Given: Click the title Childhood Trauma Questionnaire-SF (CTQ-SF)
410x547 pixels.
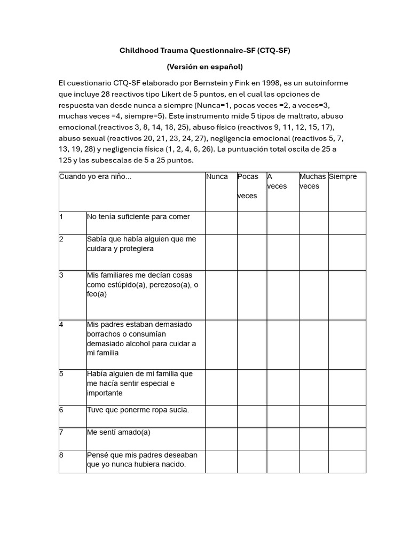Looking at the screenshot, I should coord(205,51).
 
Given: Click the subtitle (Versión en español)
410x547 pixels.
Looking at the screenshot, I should coord(205,67).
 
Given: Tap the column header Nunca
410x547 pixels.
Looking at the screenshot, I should coord(217,177).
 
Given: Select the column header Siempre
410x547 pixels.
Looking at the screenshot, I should coord(343,177).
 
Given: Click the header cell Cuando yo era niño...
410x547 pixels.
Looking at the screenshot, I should coord(95,177).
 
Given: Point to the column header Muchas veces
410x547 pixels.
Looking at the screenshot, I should coord(313,182).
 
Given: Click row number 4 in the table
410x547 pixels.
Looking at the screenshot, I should coord(62,324).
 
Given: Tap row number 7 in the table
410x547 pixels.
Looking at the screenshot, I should coord(62,432).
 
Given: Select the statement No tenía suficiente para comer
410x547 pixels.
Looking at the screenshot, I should coord(138,217).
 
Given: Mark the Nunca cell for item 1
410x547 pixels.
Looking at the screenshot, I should coord(221,223).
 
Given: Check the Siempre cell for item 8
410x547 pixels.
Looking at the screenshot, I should coord(347,461).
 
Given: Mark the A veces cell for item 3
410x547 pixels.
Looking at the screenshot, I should coord(282,295).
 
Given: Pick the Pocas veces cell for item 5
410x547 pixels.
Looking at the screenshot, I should coord(252,387).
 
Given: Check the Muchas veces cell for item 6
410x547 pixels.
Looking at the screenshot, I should coord(313,416).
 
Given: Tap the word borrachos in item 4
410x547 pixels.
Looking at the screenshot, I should coord(104,334).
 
